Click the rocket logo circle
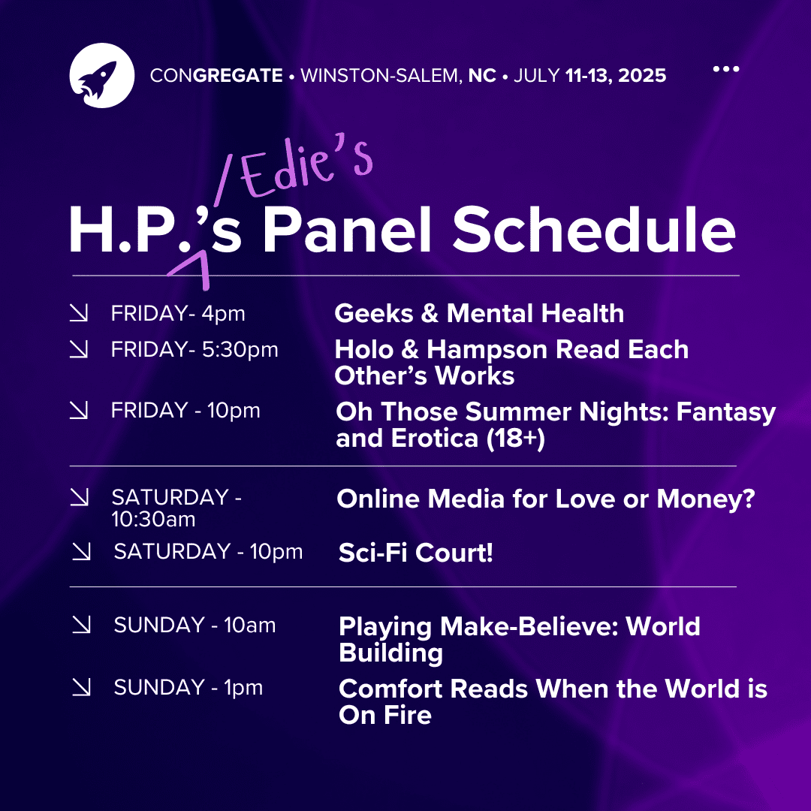tap(102, 76)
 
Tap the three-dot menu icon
tap(725, 69)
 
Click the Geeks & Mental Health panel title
tap(479, 313)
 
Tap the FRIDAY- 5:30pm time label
tap(194, 350)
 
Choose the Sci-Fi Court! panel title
tap(415, 553)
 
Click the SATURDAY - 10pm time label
tap(209, 551)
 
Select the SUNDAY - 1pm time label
tap(188, 687)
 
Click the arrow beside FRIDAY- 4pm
tap(79, 313)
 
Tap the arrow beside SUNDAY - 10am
tap(82, 624)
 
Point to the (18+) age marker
tap(516, 439)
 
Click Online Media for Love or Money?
tap(546, 499)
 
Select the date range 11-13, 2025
tap(616, 76)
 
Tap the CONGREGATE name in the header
tap(216, 76)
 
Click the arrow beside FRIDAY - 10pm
tap(79, 410)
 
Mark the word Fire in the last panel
tap(408, 716)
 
